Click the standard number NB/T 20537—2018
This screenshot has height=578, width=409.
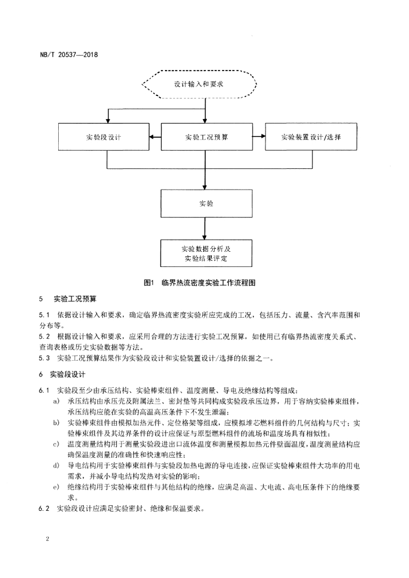point(68,55)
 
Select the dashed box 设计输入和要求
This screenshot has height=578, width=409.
point(199,84)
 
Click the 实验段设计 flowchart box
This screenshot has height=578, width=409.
point(103,137)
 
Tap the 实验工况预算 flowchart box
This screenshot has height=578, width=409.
point(207,137)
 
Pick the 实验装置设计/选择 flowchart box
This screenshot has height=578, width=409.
point(311,137)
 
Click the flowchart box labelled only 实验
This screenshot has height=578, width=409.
point(207,203)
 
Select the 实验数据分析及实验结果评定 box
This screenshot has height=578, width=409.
point(206,253)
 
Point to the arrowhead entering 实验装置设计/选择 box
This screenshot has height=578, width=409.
point(263,137)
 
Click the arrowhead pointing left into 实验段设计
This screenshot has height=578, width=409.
point(152,137)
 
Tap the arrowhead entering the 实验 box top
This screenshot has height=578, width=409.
point(206,186)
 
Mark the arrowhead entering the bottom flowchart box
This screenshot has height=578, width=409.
point(206,237)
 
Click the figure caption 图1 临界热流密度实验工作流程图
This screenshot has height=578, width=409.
point(199,283)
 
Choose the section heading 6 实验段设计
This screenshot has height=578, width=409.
point(62,375)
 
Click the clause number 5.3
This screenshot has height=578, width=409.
point(44,358)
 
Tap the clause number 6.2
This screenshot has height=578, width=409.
point(44,509)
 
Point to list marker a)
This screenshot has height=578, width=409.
point(56,401)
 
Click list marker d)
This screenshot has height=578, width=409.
point(56,466)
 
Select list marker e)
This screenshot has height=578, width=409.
point(56,487)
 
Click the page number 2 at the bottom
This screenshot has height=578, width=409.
point(47,539)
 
